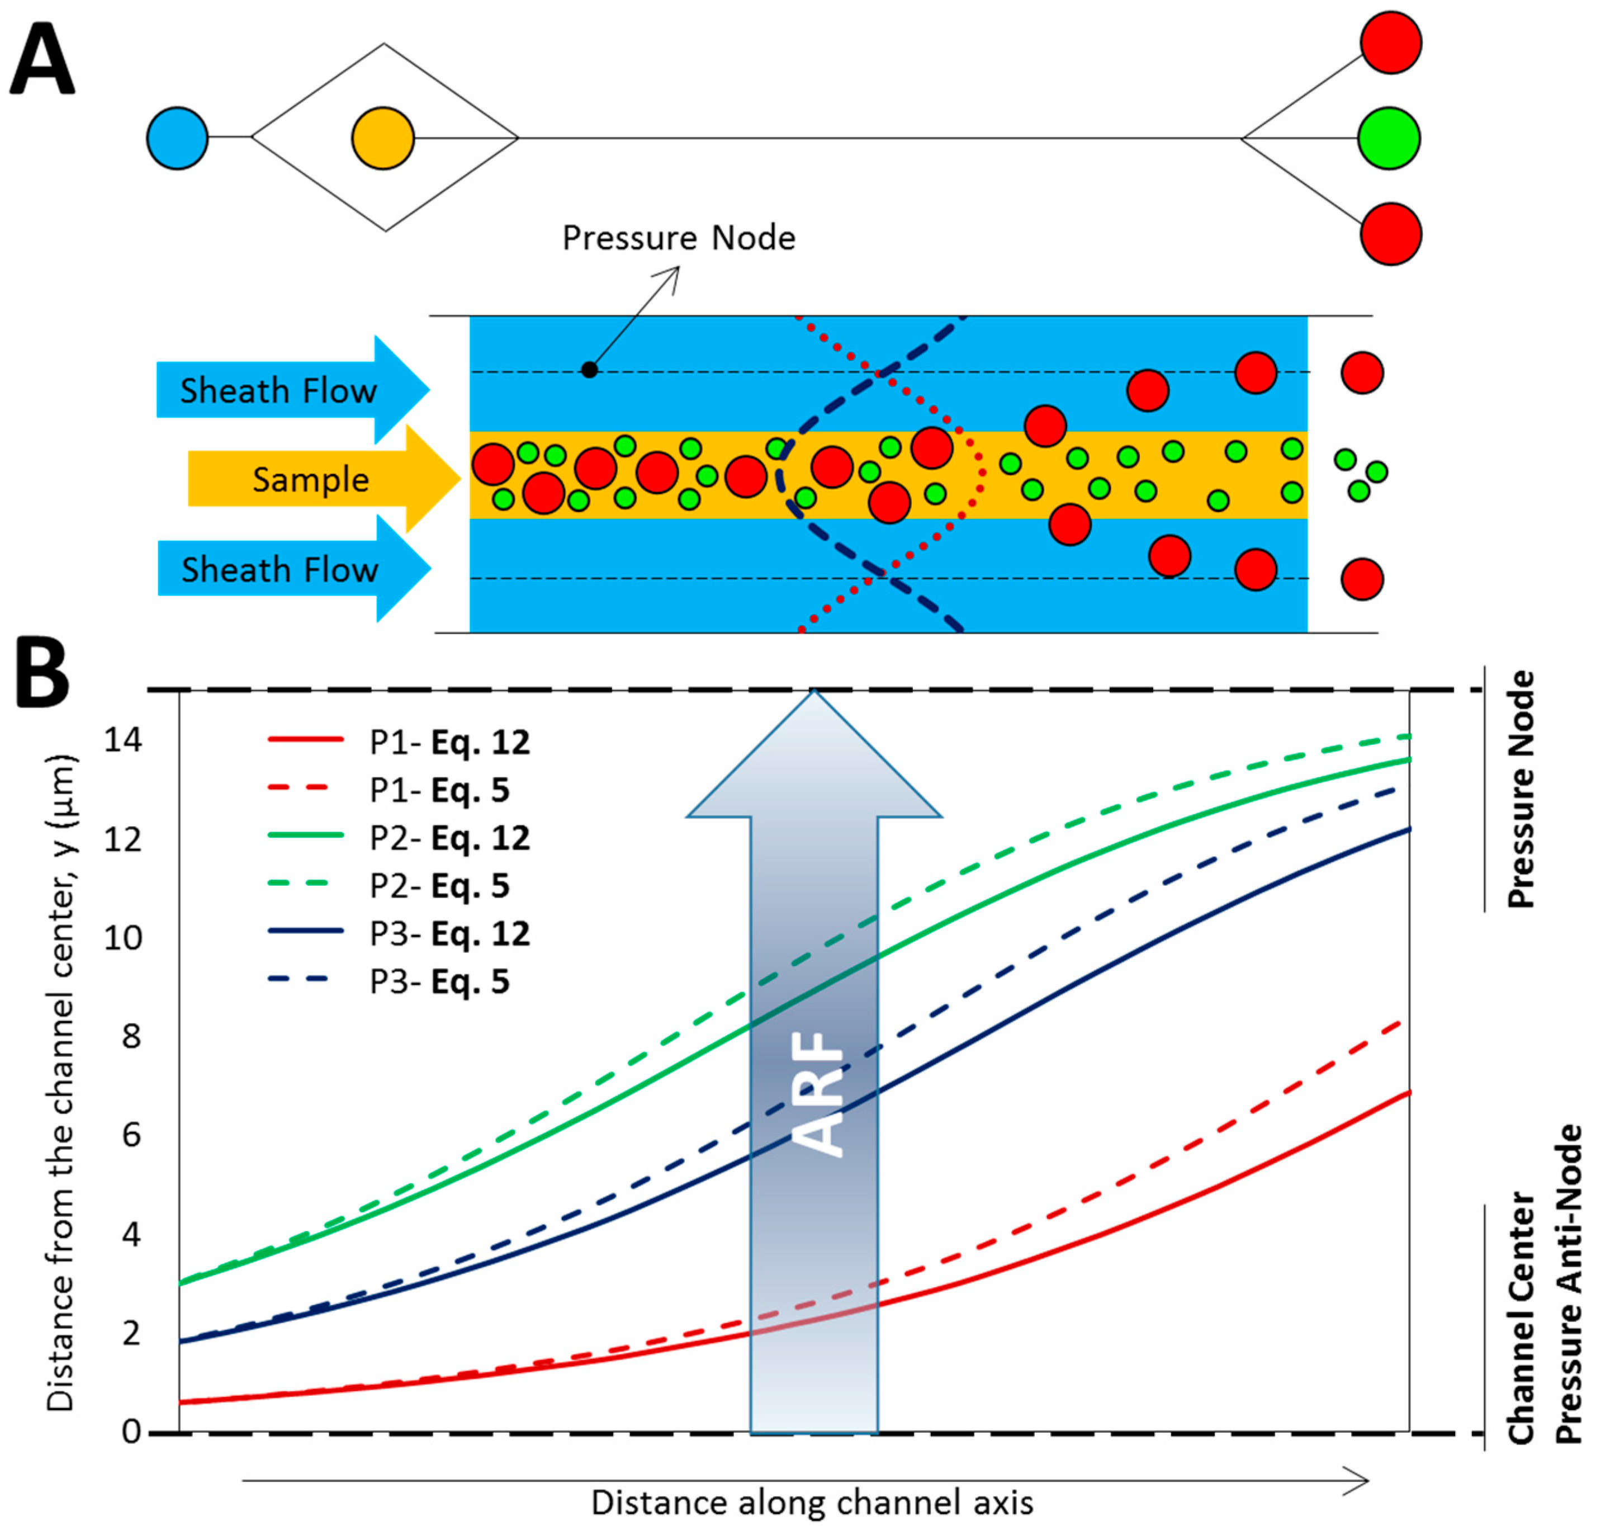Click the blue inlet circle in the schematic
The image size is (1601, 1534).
tap(177, 138)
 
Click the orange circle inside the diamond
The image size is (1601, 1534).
tap(383, 138)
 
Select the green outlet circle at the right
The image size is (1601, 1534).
tap(1389, 138)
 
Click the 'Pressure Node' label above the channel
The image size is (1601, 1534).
tap(678, 238)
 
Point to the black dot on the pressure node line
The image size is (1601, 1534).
tap(589, 370)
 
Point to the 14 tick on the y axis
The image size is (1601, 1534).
tap(122, 740)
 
